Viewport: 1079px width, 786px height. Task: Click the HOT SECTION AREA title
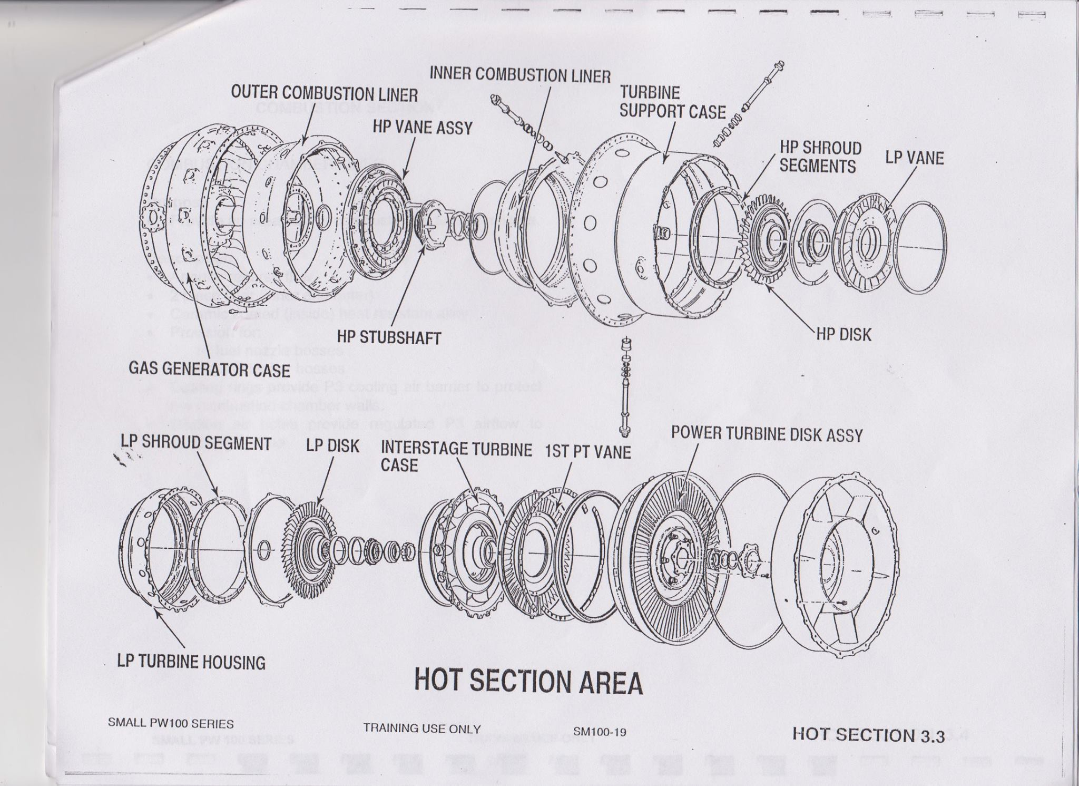528,682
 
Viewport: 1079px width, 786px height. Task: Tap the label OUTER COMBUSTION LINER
324,94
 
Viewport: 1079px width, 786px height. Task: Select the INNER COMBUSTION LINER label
520,75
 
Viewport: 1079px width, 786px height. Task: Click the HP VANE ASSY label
423,127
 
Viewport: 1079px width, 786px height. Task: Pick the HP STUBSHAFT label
389,337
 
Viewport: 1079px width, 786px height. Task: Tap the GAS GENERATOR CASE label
209,370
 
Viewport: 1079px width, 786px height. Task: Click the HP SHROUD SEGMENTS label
820,157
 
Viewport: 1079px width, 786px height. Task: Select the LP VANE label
914,158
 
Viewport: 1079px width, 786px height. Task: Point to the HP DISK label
843,334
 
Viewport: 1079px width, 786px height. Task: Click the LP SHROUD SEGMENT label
196,443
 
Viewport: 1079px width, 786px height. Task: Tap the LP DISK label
332,446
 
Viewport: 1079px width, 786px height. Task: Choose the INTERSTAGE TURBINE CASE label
456,457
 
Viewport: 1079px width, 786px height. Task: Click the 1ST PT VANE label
587,452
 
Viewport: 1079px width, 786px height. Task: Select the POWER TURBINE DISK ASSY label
767,434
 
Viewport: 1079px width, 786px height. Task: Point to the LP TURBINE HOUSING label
191,662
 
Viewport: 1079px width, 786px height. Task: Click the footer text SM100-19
600,732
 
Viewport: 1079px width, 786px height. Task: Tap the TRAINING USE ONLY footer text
421,729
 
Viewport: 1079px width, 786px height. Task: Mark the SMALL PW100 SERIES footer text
171,724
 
